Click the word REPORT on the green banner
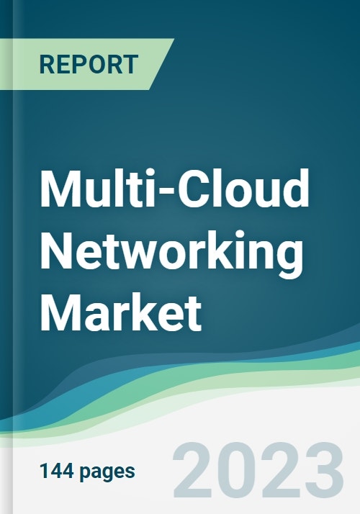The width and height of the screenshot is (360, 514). [89, 64]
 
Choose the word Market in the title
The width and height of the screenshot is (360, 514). [121, 312]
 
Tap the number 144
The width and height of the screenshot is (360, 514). [58, 471]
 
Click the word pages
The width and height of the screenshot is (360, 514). [107, 473]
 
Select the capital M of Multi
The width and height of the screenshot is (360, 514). [60, 189]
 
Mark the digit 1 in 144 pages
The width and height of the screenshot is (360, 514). [44, 471]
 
